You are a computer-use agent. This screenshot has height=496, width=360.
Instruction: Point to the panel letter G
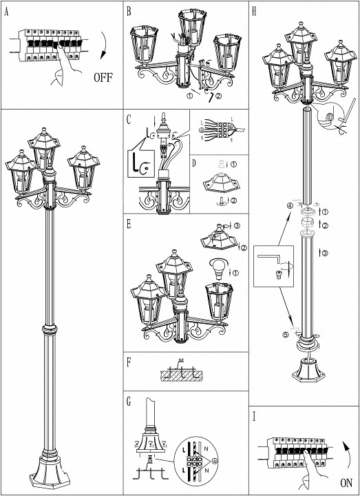click(x=129, y=399)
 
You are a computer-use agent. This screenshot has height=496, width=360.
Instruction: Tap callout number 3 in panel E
click(x=236, y=225)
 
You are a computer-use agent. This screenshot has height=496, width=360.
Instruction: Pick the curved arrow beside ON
click(x=348, y=455)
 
